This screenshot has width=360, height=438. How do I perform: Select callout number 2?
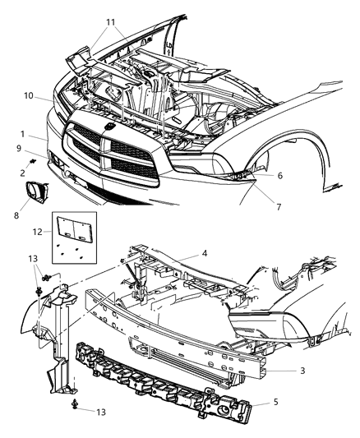[23, 171]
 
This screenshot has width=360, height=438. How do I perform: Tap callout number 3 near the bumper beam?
[303, 371]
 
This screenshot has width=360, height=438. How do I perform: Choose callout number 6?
[280, 175]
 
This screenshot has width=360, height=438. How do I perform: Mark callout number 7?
[279, 206]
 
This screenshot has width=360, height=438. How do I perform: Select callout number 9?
[19, 149]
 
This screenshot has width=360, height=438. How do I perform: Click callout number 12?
[37, 233]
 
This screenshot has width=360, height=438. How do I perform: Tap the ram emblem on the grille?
[108, 129]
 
